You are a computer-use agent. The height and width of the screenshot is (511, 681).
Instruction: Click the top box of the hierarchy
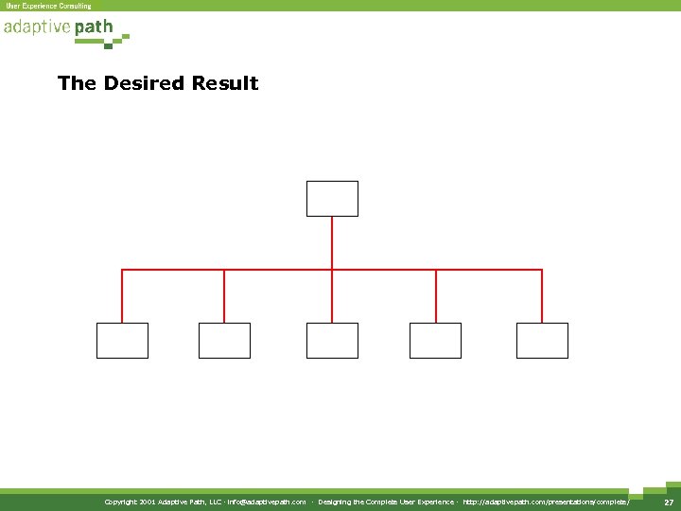[x=332, y=199]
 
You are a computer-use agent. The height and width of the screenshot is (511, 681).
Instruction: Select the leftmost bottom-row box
[x=122, y=341]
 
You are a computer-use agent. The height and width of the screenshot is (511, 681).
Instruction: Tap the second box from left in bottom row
[x=224, y=341]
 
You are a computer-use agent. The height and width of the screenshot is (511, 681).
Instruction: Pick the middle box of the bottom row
[x=332, y=341]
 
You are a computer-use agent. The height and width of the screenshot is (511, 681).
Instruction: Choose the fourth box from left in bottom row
[x=435, y=341]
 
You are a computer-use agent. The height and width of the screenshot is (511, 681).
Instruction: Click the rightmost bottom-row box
[x=542, y=341]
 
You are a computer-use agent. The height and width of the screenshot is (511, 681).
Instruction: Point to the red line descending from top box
[x=332, y=242]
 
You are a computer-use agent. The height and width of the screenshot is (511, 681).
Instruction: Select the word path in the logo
[x=94, y=27]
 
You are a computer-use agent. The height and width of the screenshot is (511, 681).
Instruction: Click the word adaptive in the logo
[x=37, y=27]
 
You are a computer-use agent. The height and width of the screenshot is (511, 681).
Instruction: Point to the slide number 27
[x=668, y=502]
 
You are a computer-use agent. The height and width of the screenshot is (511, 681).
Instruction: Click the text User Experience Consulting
[x=49, y=6]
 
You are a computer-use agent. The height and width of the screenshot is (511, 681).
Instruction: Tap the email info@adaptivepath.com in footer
[x=267, y=502]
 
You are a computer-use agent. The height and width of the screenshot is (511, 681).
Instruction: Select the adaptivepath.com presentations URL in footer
[x=546, y=502]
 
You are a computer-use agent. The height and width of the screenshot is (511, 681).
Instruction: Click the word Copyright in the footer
[x=122, y=502]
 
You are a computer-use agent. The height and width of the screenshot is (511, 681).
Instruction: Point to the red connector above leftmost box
[x=122, y=295]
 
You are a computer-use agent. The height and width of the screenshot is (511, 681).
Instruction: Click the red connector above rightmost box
[x=542, y=295]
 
